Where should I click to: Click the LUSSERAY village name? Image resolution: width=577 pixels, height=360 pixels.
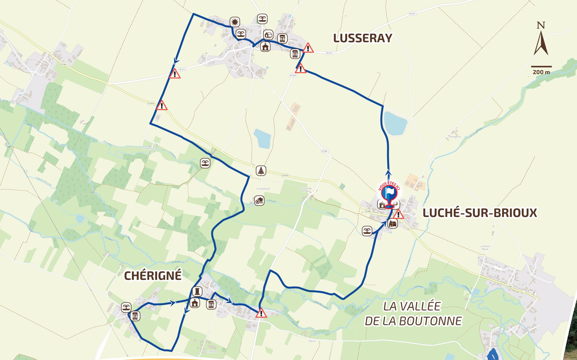pos(362,38)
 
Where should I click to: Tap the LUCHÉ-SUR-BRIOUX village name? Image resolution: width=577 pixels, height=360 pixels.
pos(479,213)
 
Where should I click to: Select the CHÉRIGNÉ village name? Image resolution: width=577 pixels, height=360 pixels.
pos(153,276)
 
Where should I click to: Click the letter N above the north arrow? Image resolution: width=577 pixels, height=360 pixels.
pos(541,26)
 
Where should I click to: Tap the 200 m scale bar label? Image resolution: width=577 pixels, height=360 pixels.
pos(541,72)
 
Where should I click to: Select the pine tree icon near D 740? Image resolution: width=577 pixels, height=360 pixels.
pos(261,171)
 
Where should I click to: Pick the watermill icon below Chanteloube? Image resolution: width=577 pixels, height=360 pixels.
pos(259,200)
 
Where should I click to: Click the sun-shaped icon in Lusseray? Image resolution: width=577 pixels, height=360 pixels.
pos(234,22)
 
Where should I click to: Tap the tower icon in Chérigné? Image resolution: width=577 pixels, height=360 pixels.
pos(197,291)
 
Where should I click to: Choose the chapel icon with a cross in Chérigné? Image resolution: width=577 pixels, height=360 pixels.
pos(195,303)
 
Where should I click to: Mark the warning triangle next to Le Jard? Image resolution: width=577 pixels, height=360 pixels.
pos(261,313)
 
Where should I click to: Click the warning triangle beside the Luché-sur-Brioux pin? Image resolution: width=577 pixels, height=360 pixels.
pos(398,214)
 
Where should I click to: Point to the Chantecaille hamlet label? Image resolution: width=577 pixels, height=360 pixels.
pos(148,148)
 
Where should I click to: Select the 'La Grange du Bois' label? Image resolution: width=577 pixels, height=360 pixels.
pos(306,189)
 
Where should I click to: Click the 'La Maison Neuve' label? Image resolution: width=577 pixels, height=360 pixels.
pos(485,247)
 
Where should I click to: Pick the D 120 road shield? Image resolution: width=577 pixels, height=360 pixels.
pos(324,151)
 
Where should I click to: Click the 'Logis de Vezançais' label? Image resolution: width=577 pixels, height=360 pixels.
pos(19,101)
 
